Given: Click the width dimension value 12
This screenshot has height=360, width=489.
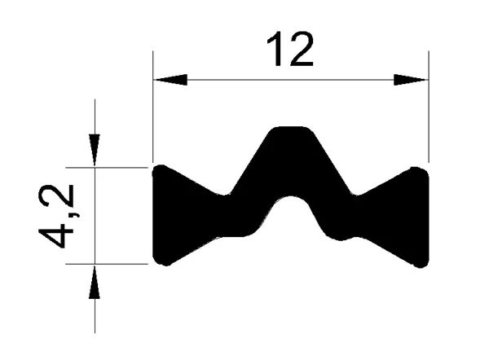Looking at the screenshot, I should (x=290, y=51).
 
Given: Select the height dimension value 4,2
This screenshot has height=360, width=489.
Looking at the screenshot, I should (x=59, y=216).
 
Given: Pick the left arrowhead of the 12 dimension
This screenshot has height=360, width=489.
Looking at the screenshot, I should (x=170, y=79).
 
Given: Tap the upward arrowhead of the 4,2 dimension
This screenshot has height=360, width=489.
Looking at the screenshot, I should (x=95, y=282).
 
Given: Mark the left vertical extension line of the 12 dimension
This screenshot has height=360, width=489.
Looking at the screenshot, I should (x=153, y=106).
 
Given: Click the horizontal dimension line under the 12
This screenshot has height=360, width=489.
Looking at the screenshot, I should (x=291, y=79).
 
